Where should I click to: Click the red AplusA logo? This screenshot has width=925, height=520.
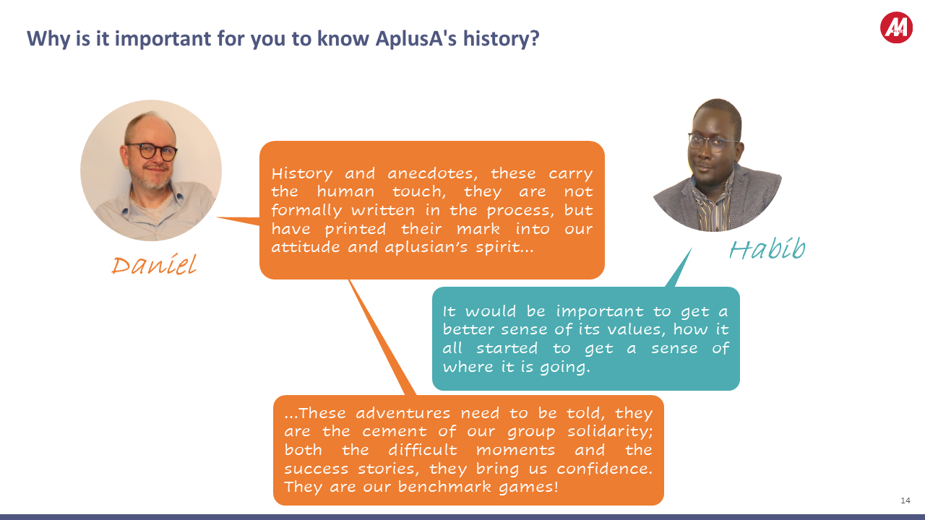point(896,27)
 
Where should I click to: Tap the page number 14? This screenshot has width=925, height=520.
point(905,500)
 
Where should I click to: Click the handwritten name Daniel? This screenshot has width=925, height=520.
point(153,265)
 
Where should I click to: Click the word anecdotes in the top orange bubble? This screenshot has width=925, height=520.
point(434,174)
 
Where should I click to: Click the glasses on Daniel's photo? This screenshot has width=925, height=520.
point(151,152)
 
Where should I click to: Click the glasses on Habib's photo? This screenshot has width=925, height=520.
point(712,142)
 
